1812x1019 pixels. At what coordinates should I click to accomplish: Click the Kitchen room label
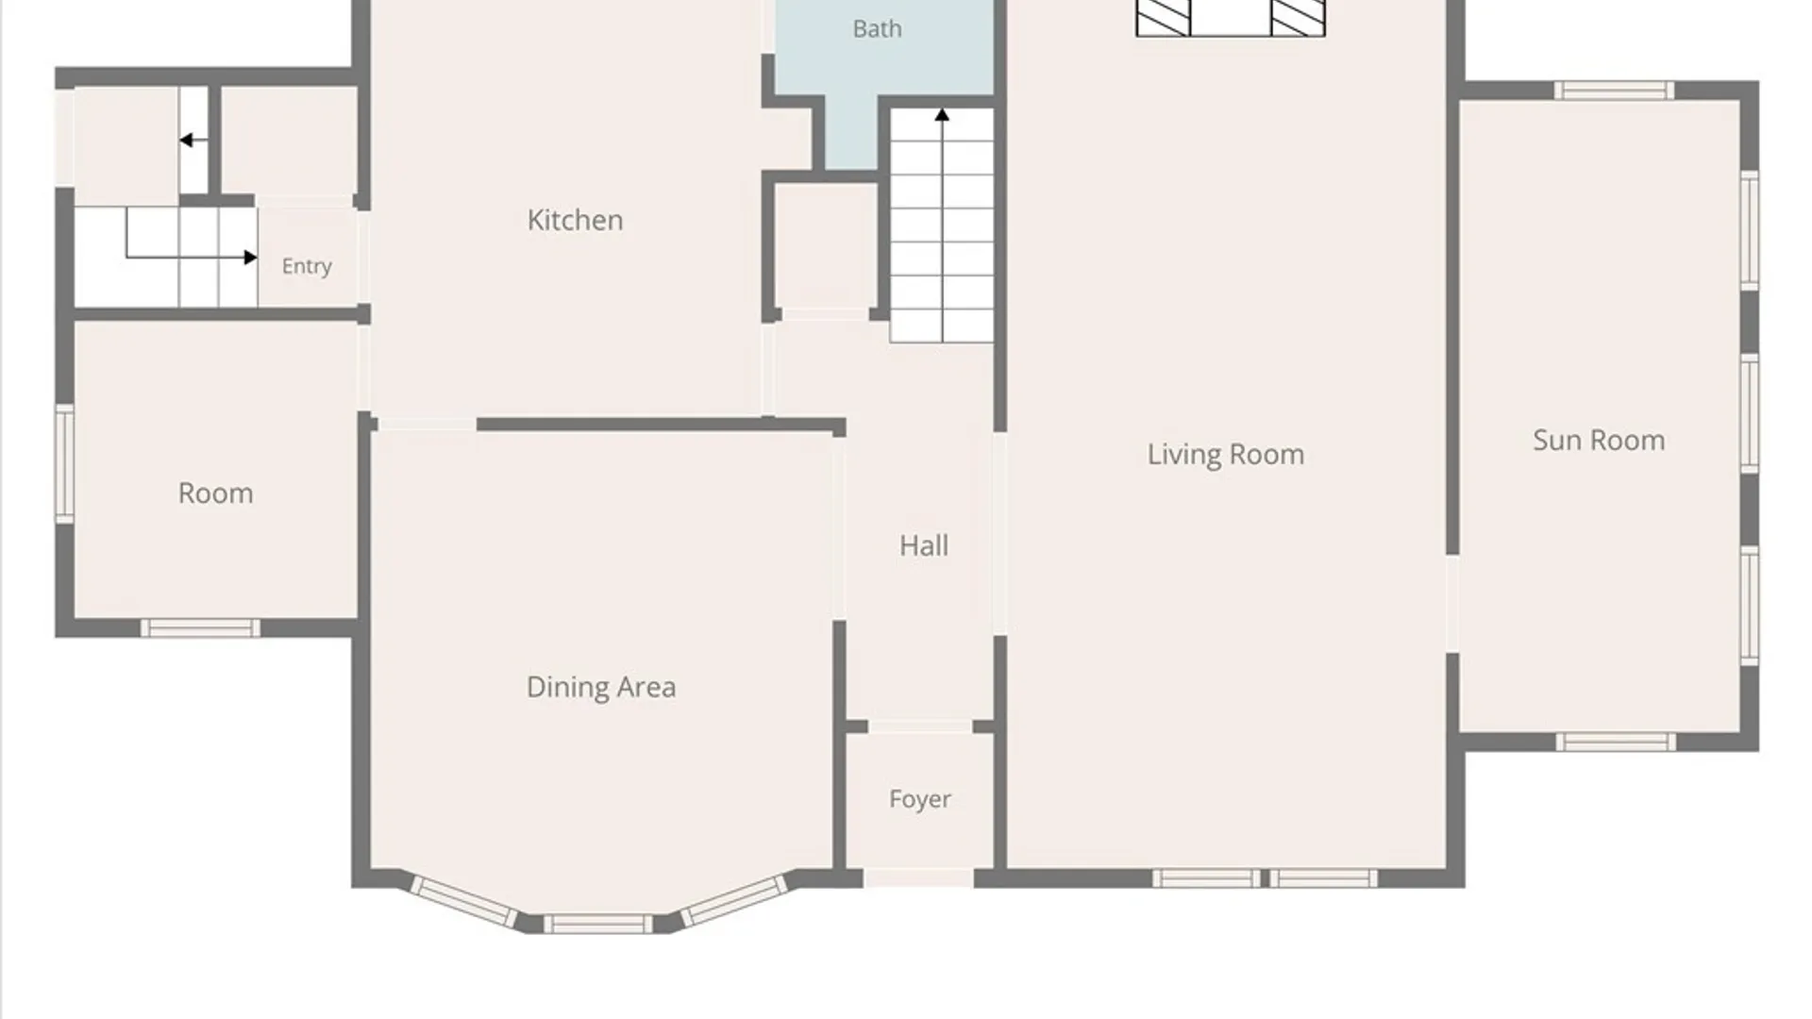[575, 220]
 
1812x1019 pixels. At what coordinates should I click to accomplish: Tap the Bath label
[877, 29]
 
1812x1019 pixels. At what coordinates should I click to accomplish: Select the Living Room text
[1225, 455]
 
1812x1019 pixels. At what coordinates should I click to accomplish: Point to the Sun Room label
[1598, 440]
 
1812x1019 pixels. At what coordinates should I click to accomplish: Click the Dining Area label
[600, 687]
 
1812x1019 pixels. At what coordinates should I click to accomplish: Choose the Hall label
[923, 545]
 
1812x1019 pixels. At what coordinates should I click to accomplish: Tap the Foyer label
[919, 799]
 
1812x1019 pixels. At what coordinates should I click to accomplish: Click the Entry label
[307, 266]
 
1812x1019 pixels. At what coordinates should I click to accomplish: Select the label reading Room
[215, 493]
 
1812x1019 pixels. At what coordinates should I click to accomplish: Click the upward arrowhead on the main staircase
[942, 115]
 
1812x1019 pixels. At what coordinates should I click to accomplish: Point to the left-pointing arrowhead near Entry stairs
[186, 141]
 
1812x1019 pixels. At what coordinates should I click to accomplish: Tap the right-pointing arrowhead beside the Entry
[250, 258]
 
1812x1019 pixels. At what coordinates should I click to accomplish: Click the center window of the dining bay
[597, 924]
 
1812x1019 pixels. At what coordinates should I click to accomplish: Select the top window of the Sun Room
[1614, 91]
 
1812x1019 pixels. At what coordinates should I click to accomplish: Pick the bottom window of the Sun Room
[1615, 743]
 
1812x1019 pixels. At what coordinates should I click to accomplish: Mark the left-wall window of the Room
[64, 463]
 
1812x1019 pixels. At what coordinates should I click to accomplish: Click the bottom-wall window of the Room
[200, 628]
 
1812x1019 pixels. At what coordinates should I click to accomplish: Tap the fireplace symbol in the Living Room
[1230, 18]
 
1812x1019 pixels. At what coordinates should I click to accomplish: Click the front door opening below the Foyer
[918, 878]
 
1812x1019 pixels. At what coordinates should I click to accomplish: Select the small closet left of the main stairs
[826, 245]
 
